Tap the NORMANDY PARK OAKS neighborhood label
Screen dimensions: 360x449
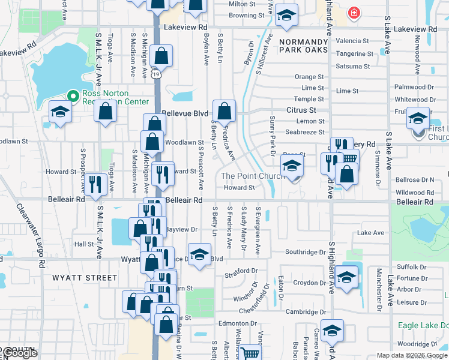[x=303, y=45]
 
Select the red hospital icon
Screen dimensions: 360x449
[x=354, y=12]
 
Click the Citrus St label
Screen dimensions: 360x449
[x=301, y=110]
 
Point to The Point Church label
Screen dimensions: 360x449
[x=252, y=176]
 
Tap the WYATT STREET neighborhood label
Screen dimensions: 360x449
[x=85, y=278]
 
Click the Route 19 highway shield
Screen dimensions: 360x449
[x=155, y=74]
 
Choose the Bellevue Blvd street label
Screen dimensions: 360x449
[x=185, y=113]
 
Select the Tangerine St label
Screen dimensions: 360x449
[x=355, y=53]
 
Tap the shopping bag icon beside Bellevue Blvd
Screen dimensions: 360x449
[x=224, y=111]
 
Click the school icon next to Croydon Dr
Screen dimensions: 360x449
[x=346, y=277]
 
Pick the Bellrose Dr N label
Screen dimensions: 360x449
[x=415, y=179]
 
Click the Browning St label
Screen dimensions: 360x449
[x=247, y=16]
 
